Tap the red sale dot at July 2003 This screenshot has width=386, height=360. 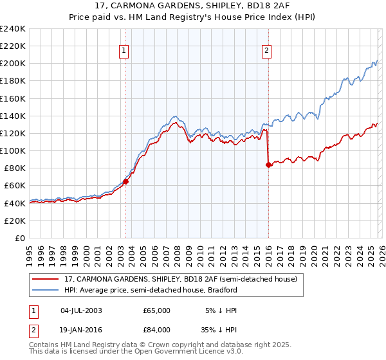[125, 181]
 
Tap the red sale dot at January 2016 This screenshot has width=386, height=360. [268, 165]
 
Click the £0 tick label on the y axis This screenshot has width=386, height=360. [19, 238]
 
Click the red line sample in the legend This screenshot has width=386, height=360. [45, 280]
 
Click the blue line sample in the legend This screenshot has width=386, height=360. [45, 291]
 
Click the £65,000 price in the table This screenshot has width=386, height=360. [157, 310]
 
